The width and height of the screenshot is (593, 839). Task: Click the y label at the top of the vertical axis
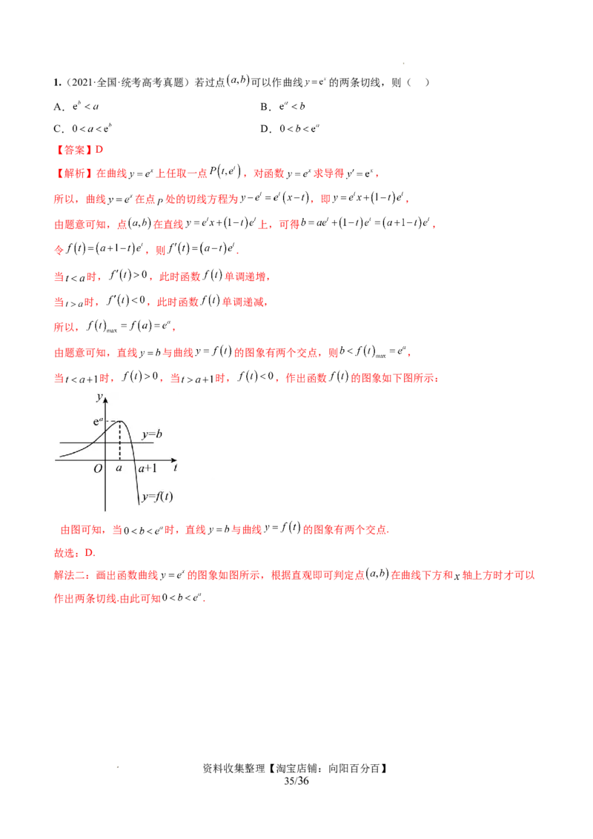pos(99,398)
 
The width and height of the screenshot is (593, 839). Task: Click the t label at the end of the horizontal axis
pos(175,468)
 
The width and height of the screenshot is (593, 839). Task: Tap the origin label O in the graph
pos(98,468)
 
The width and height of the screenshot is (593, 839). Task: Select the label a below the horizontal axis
pos(119,468)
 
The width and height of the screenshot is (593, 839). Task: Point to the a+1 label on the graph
pos(147,468)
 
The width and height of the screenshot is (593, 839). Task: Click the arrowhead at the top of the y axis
pos(106,400)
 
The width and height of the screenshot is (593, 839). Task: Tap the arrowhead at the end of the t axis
pos(173,460)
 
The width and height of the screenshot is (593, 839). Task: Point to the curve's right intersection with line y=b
pos(131,443)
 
